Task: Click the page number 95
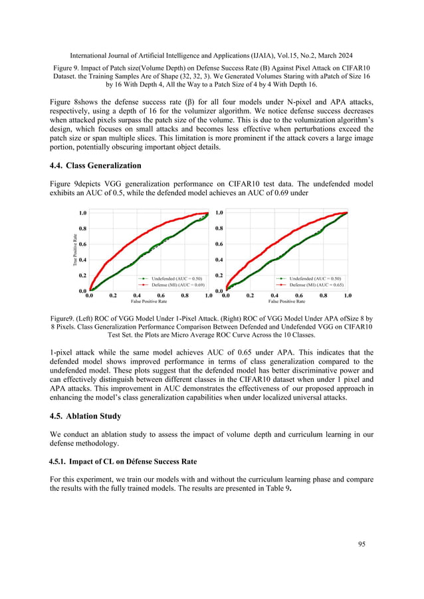click(x=362, y=544)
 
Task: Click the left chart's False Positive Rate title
click(x=149, y=301)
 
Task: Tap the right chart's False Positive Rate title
click(x=286, y=301)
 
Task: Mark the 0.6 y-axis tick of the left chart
click(x=82, y=244)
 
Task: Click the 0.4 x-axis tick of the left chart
click(x=137, y=295)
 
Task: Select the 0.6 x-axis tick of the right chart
click(x=299, y=295)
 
